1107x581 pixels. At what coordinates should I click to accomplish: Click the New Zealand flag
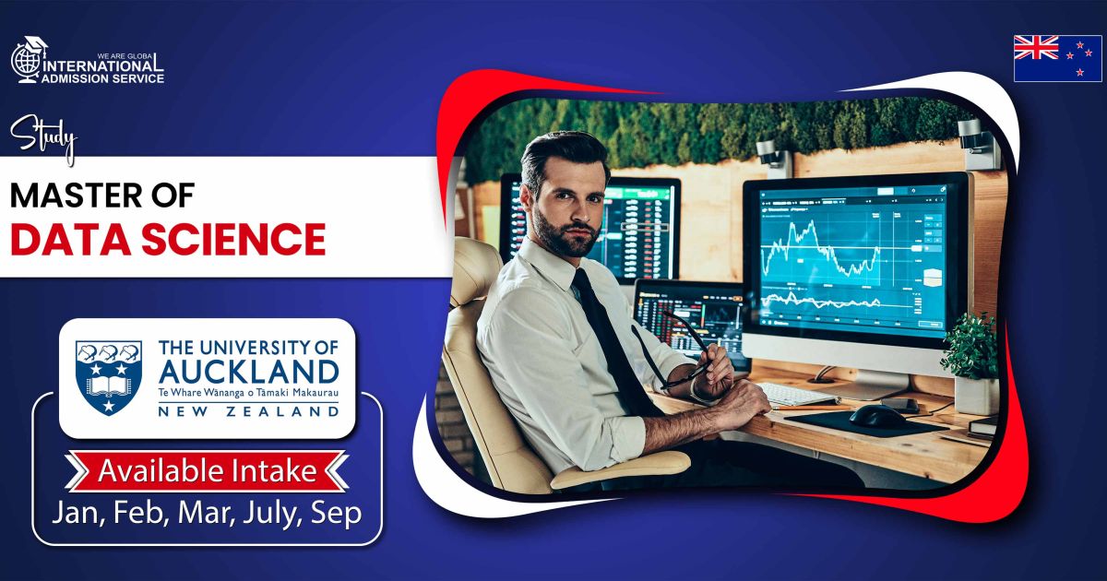(1057, 58)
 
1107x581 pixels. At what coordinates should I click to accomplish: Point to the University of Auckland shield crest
(109, 378)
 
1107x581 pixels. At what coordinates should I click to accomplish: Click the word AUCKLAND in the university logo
(248, 372)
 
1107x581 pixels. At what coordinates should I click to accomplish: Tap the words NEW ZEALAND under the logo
(248, 411)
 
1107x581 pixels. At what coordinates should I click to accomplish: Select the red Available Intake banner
(207, 471)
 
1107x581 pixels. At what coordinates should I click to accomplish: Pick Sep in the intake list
(336, 514)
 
